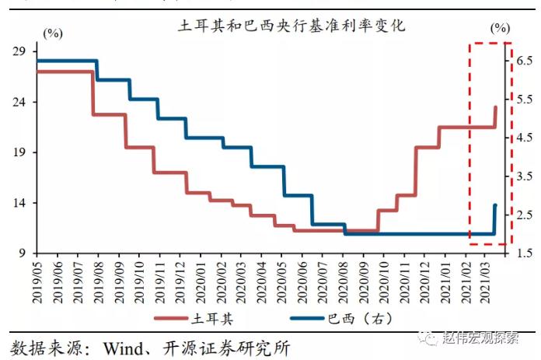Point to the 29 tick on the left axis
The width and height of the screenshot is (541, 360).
pyautogui.click(x=20, y=51)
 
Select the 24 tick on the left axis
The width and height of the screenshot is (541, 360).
pyautogui.click(x=20, y=102)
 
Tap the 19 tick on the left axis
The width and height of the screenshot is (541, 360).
pyautogui.click(x=20, y=152)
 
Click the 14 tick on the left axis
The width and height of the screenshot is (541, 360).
pyautogui.click(x=20, y=203)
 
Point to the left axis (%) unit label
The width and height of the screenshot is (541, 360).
pyautogui.click(x=53, y=33)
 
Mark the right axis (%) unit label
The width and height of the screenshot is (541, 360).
pyautogui.click(x=501, y=28)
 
